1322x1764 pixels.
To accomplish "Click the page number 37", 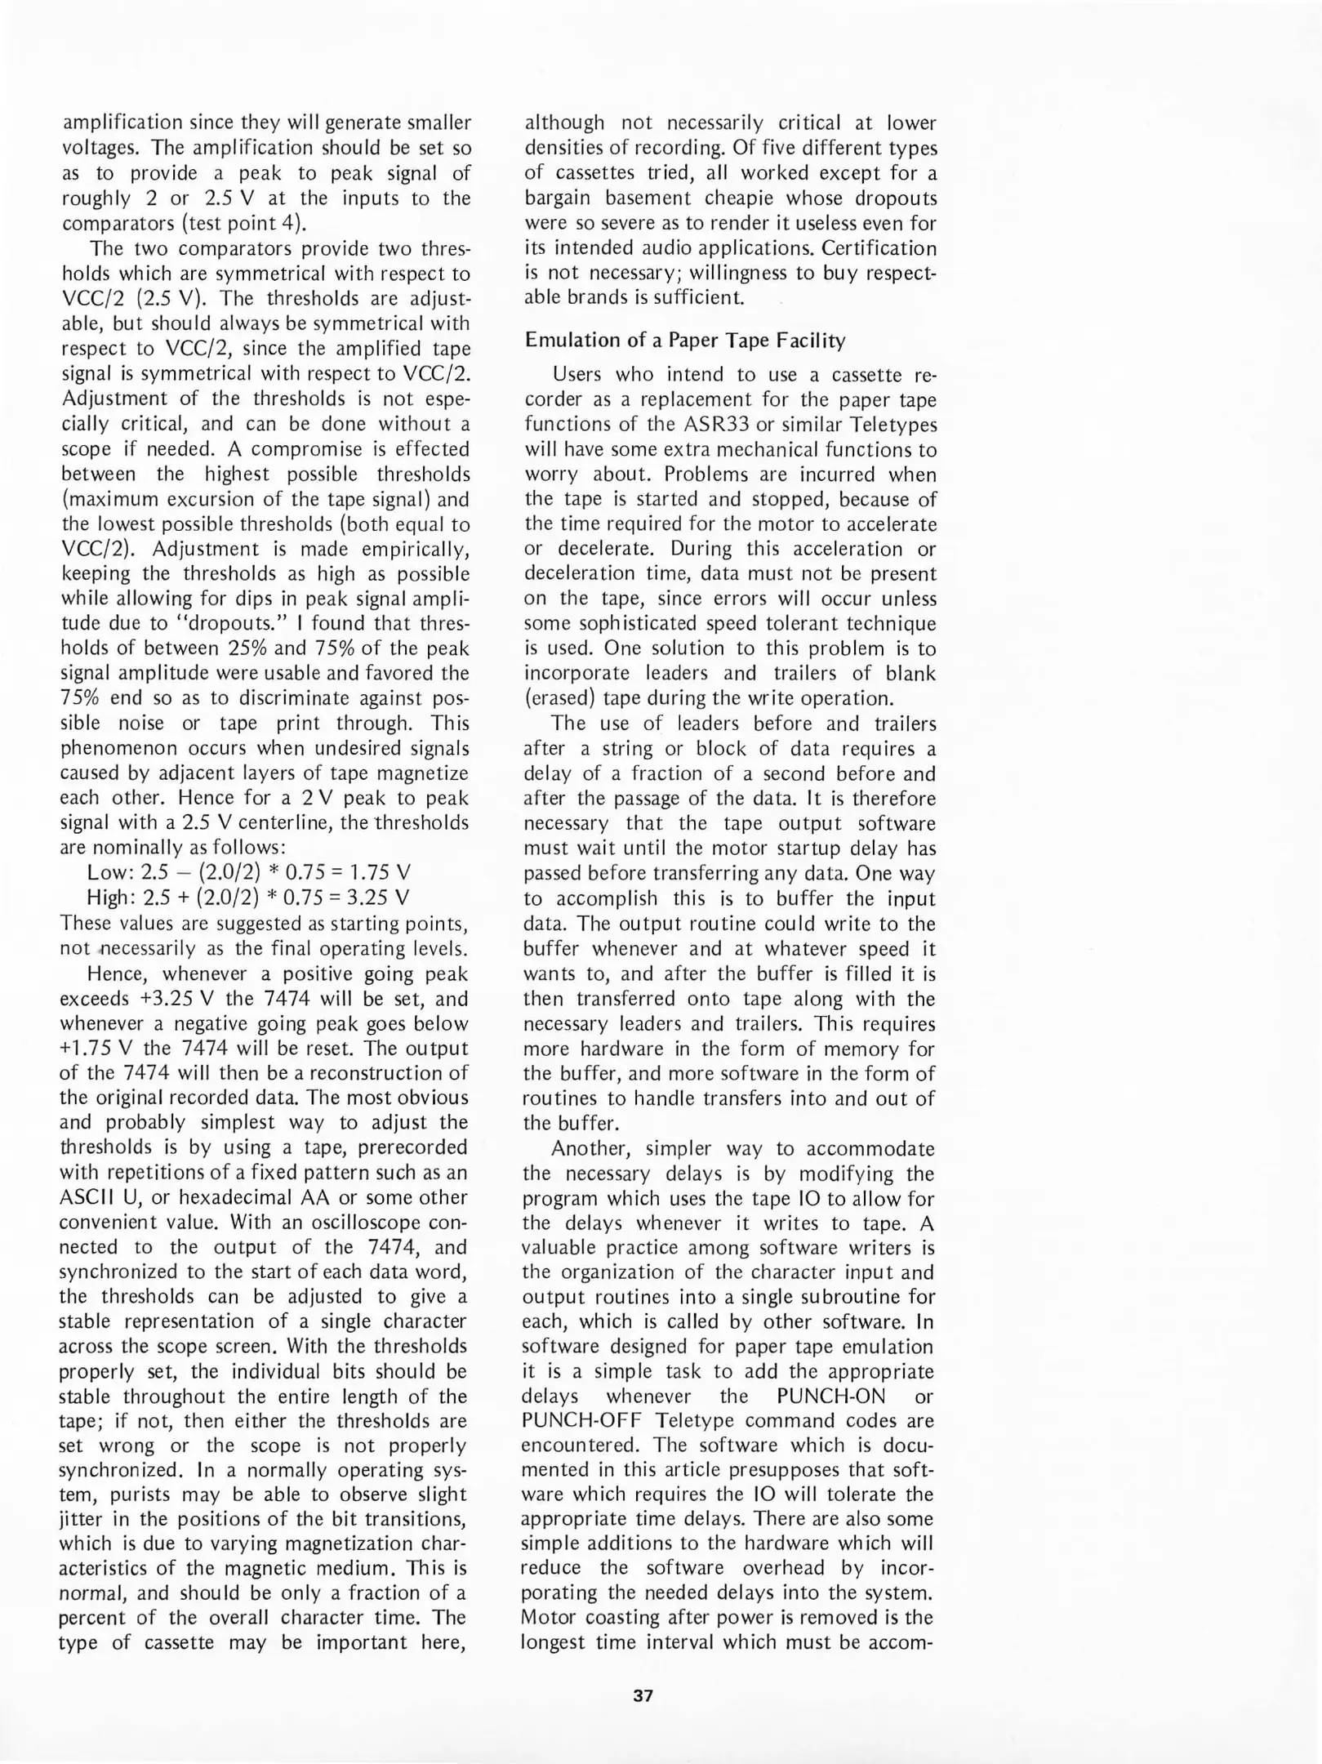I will click(x=643, y=1695).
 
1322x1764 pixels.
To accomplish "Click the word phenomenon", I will click(x=117, y=748).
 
